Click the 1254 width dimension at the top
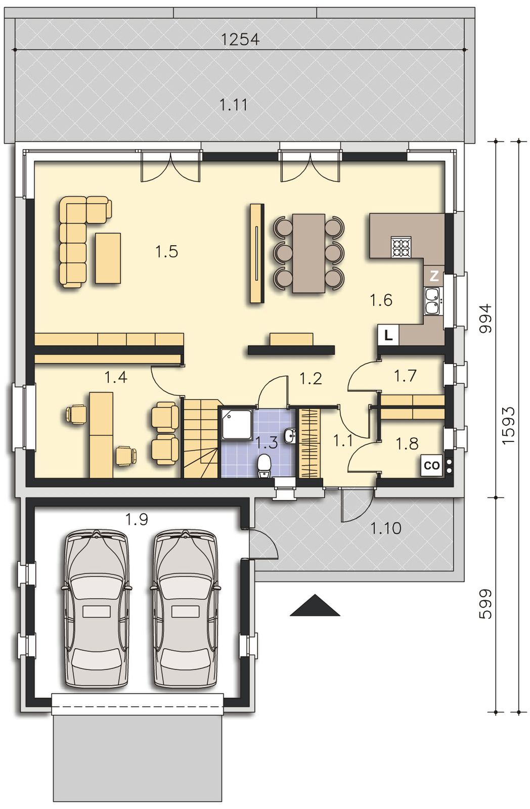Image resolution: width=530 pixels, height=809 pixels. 240,39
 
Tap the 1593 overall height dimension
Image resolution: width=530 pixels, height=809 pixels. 508,427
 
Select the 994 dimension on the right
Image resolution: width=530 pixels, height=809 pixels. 487,318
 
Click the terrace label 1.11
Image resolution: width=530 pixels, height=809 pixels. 234,105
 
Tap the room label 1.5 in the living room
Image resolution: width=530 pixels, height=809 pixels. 166,251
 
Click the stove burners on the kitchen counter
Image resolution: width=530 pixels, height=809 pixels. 401,247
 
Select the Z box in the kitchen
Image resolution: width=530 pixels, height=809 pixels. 433,277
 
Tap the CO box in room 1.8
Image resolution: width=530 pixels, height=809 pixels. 432,466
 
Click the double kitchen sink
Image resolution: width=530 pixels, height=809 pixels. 432,301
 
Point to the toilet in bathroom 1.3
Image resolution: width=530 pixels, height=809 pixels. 265,466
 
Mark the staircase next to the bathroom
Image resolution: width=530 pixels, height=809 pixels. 201,438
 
